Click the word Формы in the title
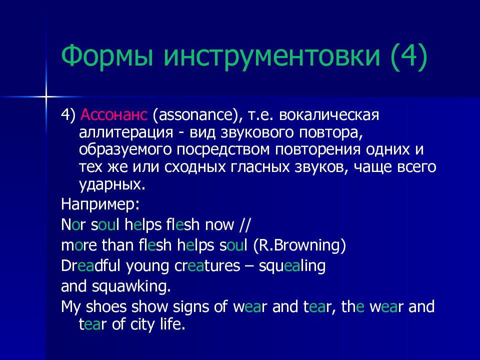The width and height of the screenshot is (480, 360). [x=107, y=56]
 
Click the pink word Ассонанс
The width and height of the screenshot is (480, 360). [x=114, y=115]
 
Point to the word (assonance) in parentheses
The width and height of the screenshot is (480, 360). [x=196, y=115]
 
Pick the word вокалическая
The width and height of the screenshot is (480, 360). [x=329, y=115]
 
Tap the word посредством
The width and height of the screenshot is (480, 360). [x=223, y=150]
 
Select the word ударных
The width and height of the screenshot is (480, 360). [x=112, y=185]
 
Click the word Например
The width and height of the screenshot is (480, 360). [x=100, y=204]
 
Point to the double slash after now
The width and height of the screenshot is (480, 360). [x=244, y=224]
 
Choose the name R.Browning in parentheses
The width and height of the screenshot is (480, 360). [x=299, y=245]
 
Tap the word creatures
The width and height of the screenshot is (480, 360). [x=207, y=266]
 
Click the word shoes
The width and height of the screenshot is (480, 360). [x=106, y=306]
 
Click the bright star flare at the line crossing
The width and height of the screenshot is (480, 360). [x=46, y=97]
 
